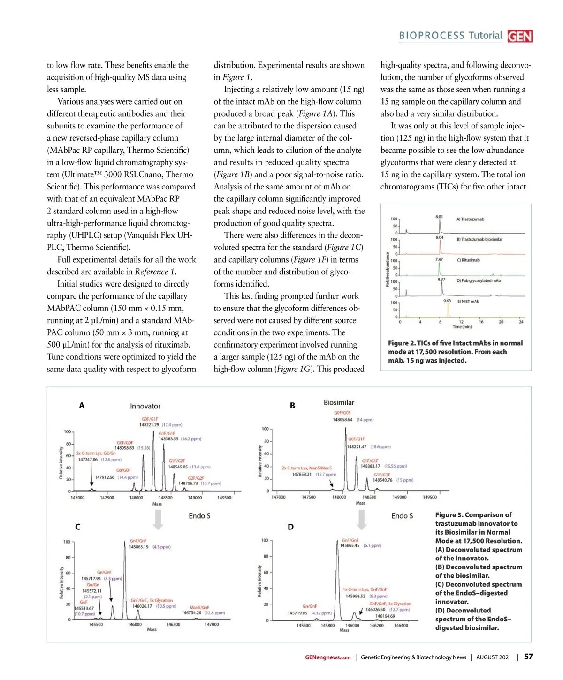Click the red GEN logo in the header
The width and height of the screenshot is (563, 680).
click(520, 36)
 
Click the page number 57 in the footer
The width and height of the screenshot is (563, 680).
click(528, 657)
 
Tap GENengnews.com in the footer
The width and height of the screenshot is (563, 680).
click(327, 657)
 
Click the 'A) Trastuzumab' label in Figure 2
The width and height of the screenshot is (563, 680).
click(470, 219)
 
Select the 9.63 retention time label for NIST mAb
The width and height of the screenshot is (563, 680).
click(447, 301)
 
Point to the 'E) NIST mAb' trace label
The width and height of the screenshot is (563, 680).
click(468, 302)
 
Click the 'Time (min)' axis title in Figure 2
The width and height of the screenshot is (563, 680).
click(462, 327)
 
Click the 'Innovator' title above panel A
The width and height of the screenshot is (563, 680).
click(145, 406)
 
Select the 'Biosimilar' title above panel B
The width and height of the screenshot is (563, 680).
click(339, 402)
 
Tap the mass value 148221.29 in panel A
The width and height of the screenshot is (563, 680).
click(149, 425)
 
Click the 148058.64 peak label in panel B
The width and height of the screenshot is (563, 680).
click(342, 420)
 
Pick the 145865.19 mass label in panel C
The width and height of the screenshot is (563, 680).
click(139, 547)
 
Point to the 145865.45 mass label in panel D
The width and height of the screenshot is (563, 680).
click(350, 545)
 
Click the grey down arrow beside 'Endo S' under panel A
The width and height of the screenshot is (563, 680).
click(158, 520)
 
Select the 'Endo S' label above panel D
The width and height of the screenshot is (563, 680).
click(402, 515)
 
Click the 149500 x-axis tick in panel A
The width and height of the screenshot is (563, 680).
click(224, 498)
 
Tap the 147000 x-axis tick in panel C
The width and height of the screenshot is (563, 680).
click(212, 624)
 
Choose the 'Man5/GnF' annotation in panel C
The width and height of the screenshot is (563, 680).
click(199, 607)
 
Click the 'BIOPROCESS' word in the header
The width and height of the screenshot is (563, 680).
click(432, 36)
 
